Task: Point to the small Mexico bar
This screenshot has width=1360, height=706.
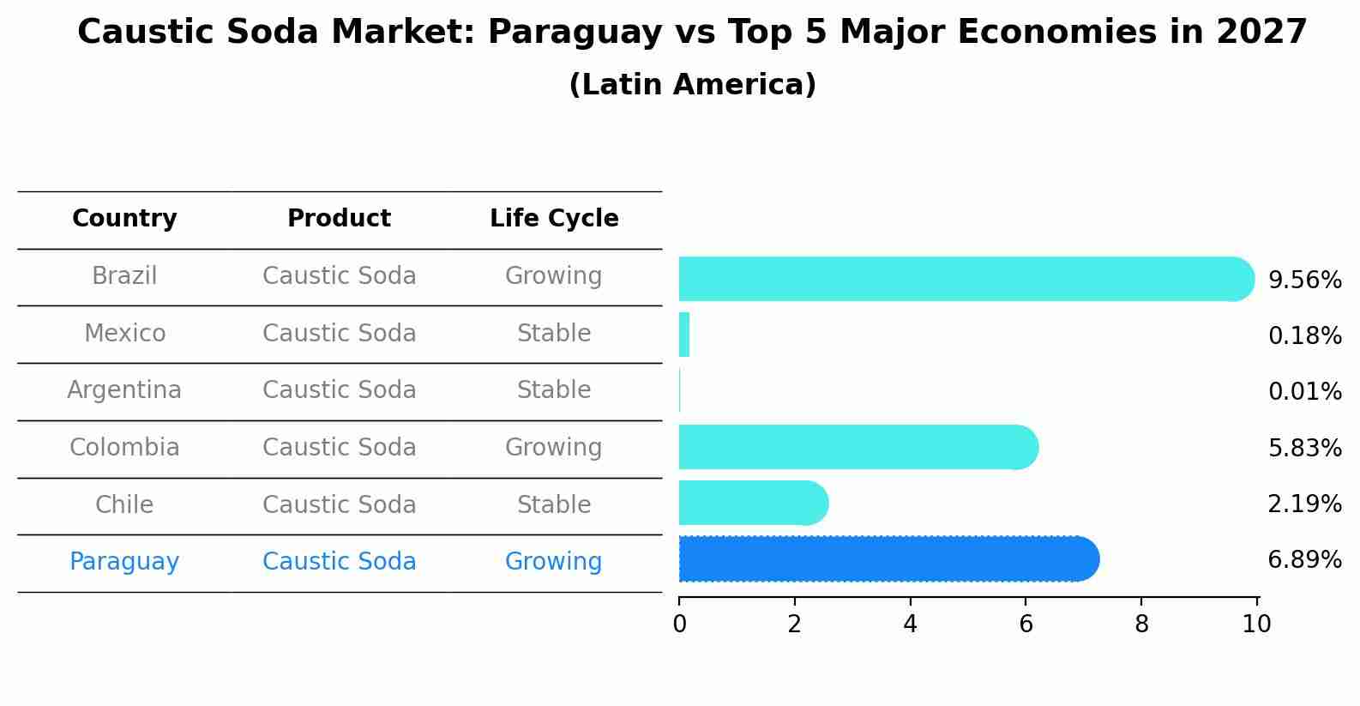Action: tap(684, 335)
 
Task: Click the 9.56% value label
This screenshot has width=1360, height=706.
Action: tap(1304, 281)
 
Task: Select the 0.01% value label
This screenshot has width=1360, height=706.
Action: tap(1304, 392)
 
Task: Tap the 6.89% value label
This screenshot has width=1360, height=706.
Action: tap(1304, 560)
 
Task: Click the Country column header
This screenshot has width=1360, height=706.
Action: tap(124, 219)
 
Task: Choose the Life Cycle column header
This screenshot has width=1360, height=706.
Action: tap(554, 219)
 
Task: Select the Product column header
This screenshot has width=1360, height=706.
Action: tap(339, 219)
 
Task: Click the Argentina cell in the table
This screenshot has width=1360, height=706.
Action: tap(124, 390)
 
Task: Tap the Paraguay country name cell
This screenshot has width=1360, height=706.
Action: tap(124, 562)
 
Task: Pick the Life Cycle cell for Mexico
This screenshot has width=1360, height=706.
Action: tap(554, 334)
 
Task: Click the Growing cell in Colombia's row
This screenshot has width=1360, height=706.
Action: tap(554, 448)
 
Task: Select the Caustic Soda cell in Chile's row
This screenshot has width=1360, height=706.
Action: tap(339, 505)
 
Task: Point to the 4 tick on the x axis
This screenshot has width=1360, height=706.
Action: tap(910, 625)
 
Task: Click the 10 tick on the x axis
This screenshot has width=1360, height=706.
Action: tap(1256, 625)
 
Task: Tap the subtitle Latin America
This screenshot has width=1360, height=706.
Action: tap(692, 85)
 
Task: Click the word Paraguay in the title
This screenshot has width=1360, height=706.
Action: tap(575, 33)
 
